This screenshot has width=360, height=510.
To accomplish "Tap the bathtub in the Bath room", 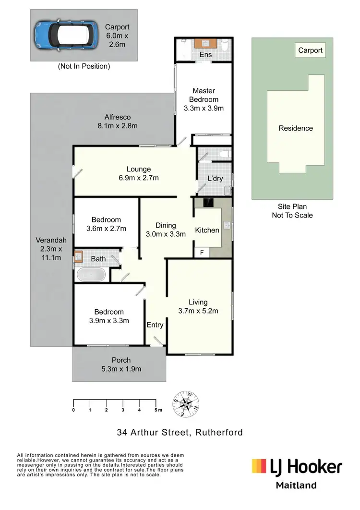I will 91,275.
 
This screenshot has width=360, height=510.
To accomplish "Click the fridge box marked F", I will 202,252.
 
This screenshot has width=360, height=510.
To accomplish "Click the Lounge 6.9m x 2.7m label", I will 139,173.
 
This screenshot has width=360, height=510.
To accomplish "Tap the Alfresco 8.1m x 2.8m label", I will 118,121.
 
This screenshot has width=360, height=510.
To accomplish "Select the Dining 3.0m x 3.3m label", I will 166,230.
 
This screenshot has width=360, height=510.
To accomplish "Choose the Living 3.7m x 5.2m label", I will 198,306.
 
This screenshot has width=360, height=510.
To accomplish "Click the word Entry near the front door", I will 155,325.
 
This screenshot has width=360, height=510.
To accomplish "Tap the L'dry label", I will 215,179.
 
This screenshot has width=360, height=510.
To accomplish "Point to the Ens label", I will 205,55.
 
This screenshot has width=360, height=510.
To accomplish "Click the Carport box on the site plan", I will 310,50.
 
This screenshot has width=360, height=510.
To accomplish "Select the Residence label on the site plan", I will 296,128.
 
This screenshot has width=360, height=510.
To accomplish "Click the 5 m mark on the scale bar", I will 156,410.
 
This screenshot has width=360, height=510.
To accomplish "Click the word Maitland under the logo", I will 296,485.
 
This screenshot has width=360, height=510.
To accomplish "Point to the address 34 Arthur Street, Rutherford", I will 180,432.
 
